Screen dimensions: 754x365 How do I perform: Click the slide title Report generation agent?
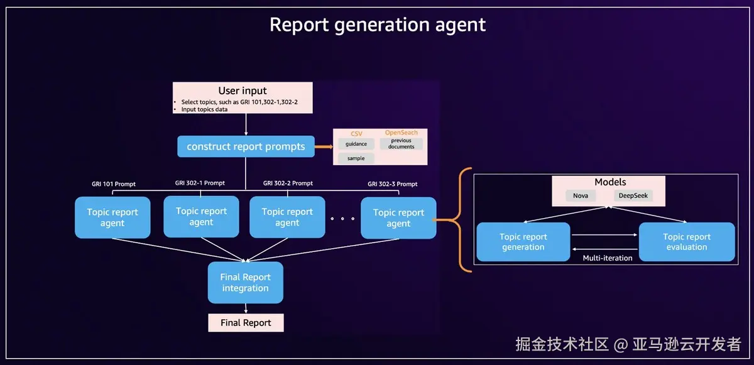coord(378,25)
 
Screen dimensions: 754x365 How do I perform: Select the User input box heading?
coord(243,90)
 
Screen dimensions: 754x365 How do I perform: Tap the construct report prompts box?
coord(246,146)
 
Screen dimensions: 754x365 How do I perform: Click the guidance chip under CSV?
coord(356,144)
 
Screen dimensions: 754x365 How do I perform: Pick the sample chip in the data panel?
coord(356,158)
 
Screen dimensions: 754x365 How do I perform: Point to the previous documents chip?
coord(402,144)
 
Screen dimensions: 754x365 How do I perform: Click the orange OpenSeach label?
coord(402,133)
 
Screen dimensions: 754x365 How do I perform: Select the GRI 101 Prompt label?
coord(114,184)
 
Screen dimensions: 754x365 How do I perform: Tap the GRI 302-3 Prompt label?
coord(393,184)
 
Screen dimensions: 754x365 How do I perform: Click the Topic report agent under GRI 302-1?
coord(201,217)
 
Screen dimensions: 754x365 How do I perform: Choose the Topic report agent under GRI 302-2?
coord(288,217)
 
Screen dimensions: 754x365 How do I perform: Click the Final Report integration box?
coord(246,283)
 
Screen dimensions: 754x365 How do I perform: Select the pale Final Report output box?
coord(246,323)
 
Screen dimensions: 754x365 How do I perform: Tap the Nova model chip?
coord(581,195)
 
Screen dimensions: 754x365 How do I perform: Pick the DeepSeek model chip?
coord(633,195)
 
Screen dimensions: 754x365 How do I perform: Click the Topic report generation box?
coord(523,242)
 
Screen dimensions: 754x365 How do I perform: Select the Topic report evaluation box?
coord(687,242)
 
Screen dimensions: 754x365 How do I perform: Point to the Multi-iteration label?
coord(608,258)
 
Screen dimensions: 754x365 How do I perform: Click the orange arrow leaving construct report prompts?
coord(324,146)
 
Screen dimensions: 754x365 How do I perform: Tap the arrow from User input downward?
coord(246,124)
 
